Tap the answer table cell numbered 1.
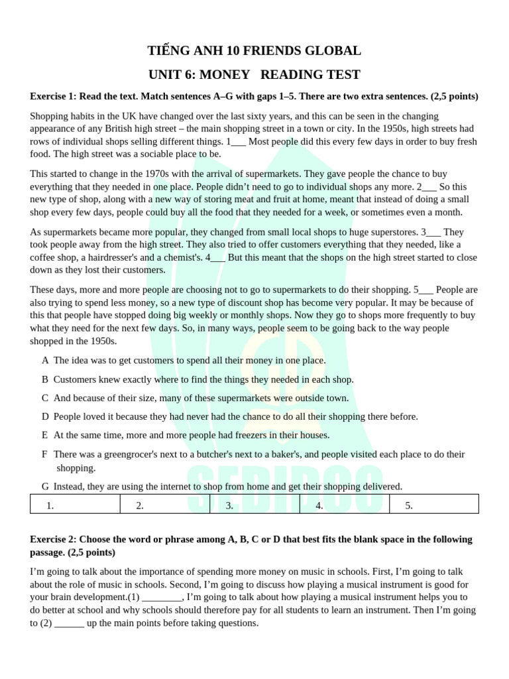click(x=75, y=505)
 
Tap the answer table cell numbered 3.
click(x=254, y=505)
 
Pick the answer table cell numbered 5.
click(x=433, y=505)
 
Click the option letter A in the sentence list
click(x=45, y=360)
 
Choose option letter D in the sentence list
click(x=45, y=416)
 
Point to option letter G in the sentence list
click(x=45, y=486)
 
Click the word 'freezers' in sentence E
click(x=262, y=435)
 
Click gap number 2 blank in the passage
click(x=429, y=186)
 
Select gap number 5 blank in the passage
click(x=426, y=289)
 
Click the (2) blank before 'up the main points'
click(x=69, y=623)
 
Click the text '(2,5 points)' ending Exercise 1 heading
click(x=454, y=96)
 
